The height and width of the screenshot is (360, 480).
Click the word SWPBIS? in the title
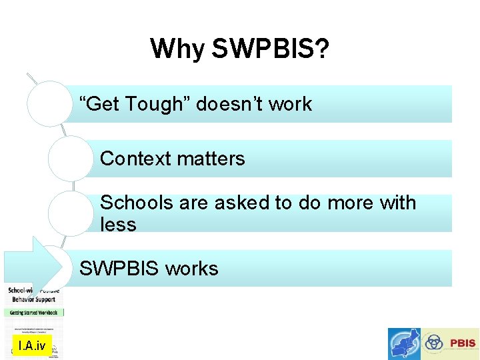coord(271,49)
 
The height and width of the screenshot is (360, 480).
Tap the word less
coord(118,225)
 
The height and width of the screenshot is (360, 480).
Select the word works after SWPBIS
coord(191,269)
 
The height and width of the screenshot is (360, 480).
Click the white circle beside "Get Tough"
coord(49,103)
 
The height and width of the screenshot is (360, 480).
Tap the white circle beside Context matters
coord(70,159)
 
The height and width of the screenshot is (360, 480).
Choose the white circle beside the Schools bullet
coord(70,213)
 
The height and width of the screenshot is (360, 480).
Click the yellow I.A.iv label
coord(32,345)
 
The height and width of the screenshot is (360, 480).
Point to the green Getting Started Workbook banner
coord(35,312)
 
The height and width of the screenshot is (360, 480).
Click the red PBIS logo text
coord(463,343)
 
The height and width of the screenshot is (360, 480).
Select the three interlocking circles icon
coord(435,343)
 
